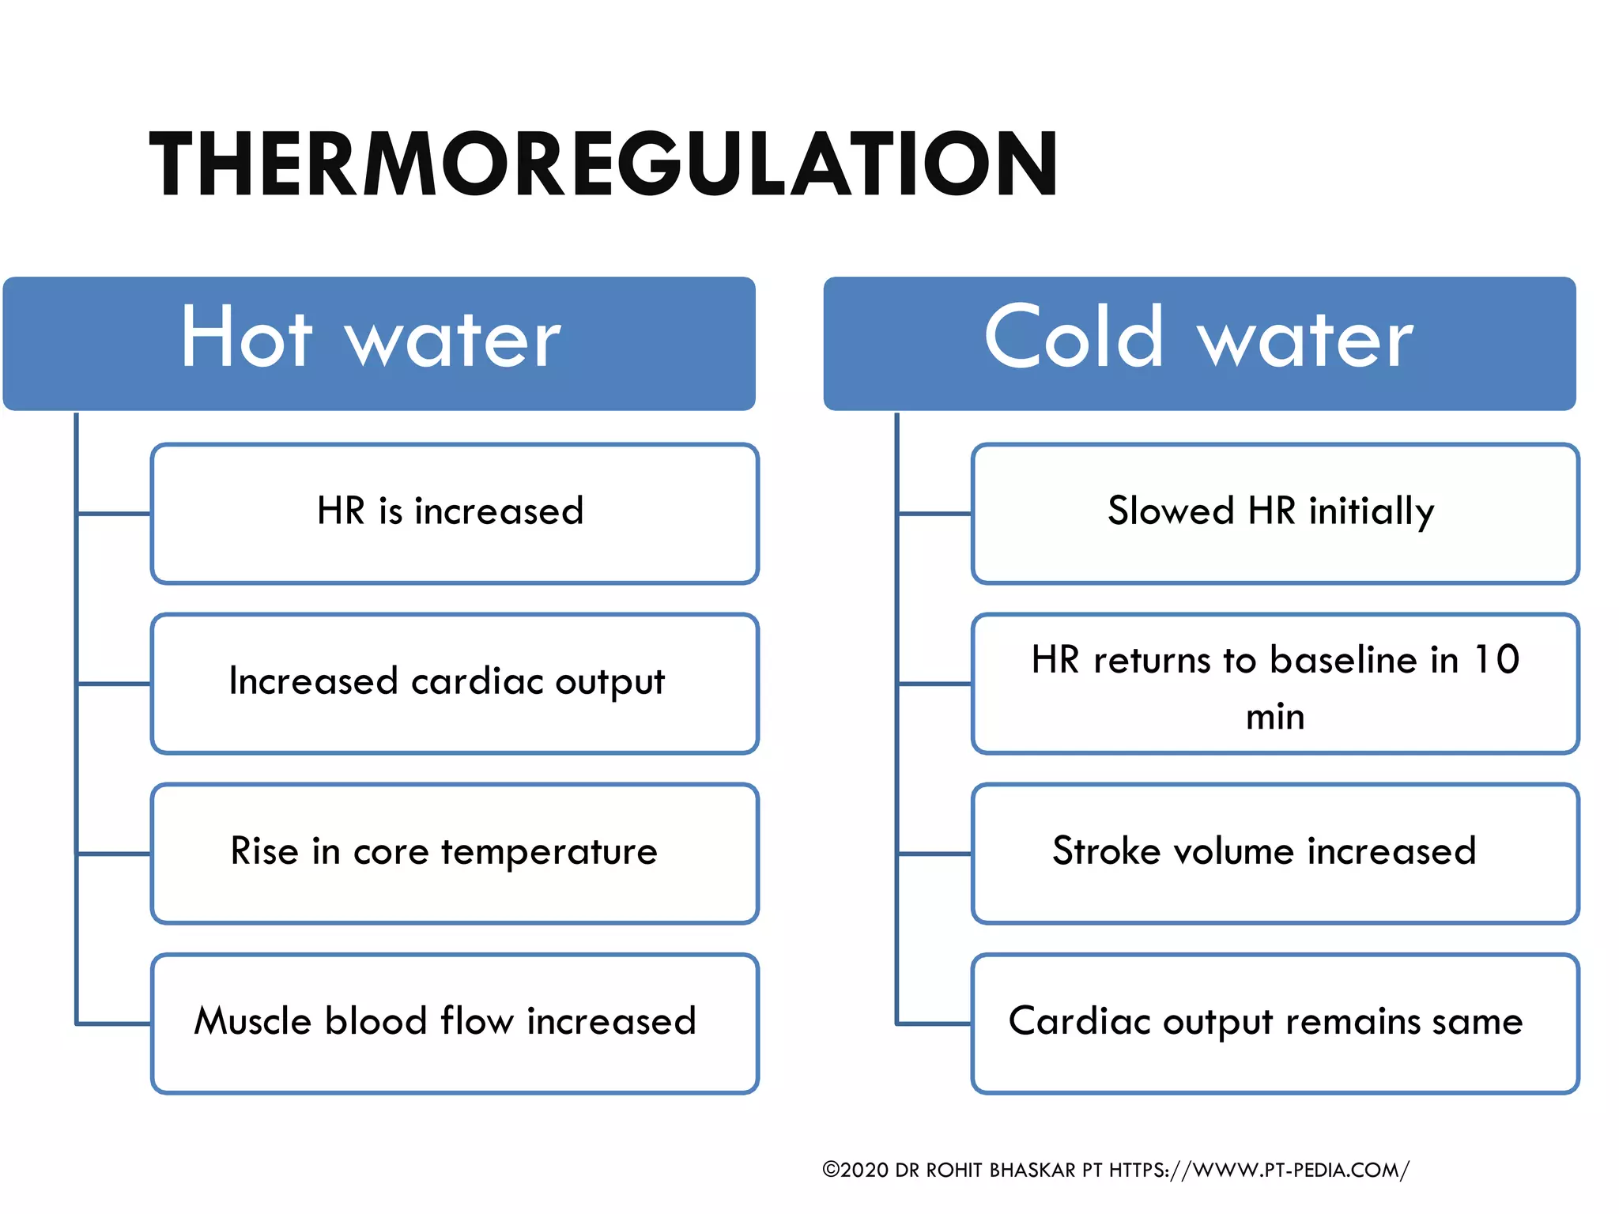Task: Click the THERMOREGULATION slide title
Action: pyautogui.click(x=603, y=164)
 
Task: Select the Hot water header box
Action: pyautogui.click(x=379, y=343)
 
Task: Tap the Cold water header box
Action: pyautogui.click(x=1199, y=343)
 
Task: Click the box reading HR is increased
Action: pyautogui.click(x=455, y=514)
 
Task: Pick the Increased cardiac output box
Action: pyautogui.click(x=455, y=684)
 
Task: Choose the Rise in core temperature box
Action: pyautogui.click(x=455, y=854)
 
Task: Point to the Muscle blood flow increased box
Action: pyautogui.click(x=455, y=1024)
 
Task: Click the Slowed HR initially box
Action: pyautogui.click(x=1275, y=514)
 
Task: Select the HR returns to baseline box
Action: pyautogui.click(x=1275, y=684)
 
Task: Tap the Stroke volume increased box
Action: pyautogui.click(x=1275, y=854)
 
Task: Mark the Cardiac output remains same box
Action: pyautogui.click(x=1275, y=1024)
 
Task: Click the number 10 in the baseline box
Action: pyautogui.click(x=1496, y=659)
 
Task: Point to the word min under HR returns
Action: pyautogui.click(x=1275, y=717)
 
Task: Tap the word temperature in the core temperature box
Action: pyautogui.click(x=549, y=852)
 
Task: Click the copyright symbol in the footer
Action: pyautogui.click(x=831, y=1169)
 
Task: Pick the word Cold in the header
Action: pyautogui.click(x=1074, y=337)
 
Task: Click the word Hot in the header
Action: pyautogui.click(x=247, y=337)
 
